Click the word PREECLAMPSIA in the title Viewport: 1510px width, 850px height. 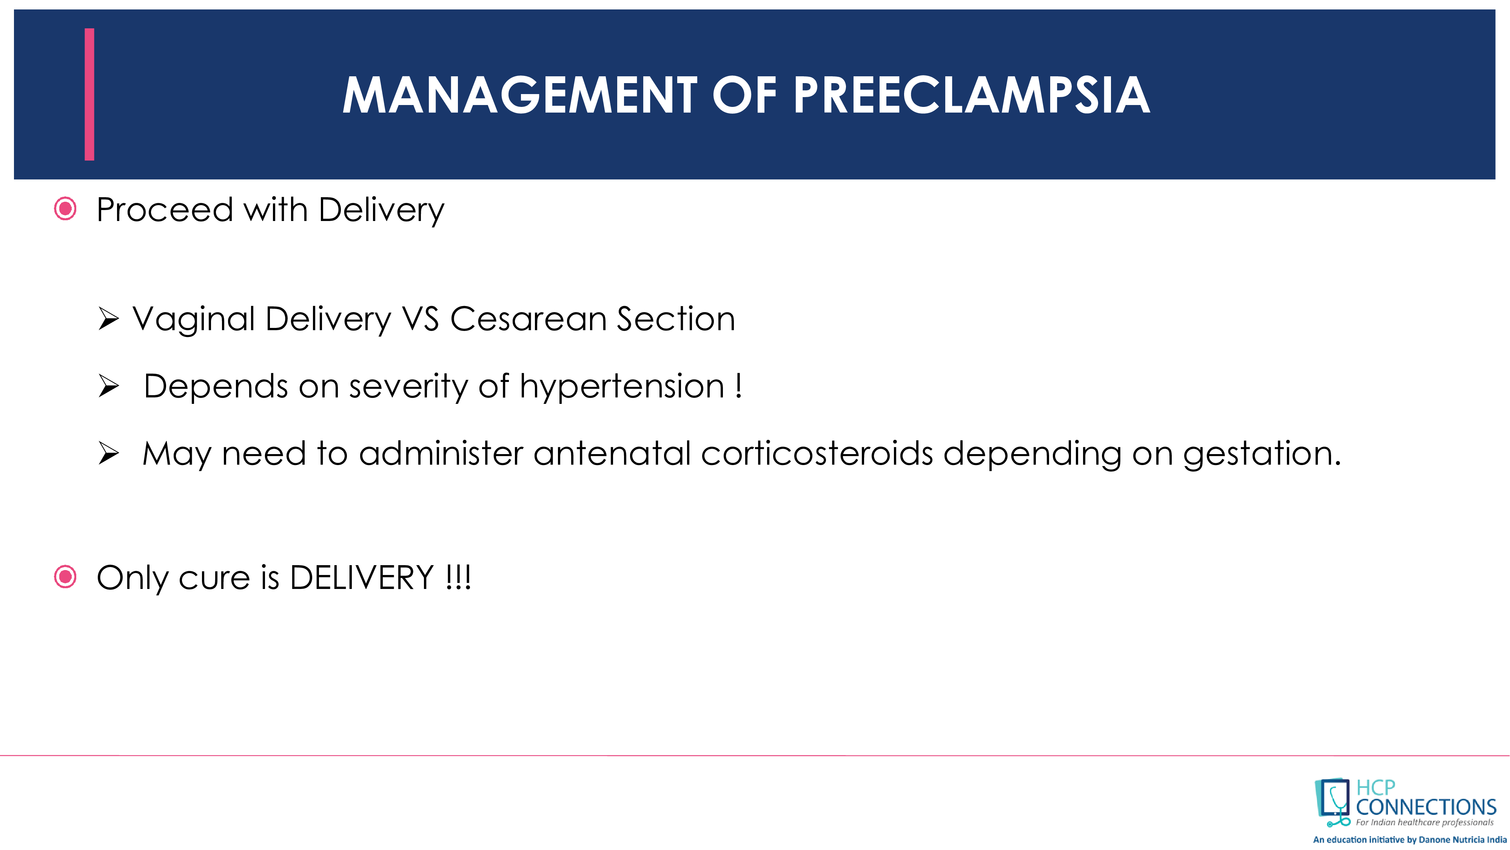[971, 95]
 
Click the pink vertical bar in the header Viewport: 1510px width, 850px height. [89, 94]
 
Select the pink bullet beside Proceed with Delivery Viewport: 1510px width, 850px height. [65, 209]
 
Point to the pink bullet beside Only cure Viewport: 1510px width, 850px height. [65, 576]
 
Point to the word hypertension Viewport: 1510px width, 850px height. [622, 387]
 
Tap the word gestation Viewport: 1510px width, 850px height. [1262, 454]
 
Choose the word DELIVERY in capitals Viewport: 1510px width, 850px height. [362, 578]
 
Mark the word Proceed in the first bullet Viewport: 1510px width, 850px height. [165, 210]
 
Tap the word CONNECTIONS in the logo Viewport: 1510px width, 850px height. [1425, 807]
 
